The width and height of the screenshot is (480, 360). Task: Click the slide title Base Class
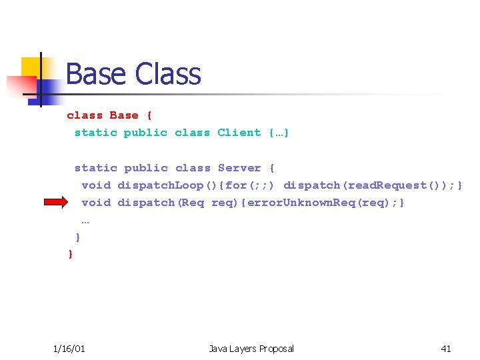point(133,74)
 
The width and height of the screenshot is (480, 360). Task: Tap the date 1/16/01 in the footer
point(69,348)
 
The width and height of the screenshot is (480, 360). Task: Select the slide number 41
point(446,348)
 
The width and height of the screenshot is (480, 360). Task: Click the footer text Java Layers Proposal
point(251,348)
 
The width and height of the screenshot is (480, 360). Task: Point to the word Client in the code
point(239,132)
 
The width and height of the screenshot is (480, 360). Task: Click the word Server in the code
point(239,168)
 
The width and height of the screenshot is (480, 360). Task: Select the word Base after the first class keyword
point(124,115)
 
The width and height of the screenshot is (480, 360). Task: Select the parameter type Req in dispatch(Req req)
point(193,202)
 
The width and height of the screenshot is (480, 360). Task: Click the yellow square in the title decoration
point(32,67)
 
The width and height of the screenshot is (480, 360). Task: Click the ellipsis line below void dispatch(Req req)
point(85,219)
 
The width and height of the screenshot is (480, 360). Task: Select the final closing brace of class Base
point(71,254)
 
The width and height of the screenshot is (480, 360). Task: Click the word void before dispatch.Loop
point(96,185)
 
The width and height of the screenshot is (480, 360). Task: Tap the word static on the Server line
point(95,168)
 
